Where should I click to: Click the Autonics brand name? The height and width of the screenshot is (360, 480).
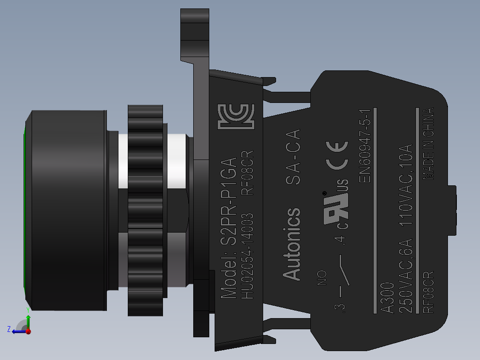pyautogui.click(x=292, y=244)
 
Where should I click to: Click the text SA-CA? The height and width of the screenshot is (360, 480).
pyautogui.click(x=293, y=156)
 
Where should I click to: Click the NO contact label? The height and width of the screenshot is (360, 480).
pyautogui.click(x=321, y=278)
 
